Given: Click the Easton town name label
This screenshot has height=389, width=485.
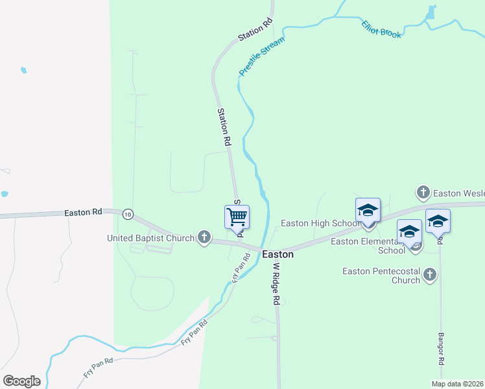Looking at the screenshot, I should [278, 255].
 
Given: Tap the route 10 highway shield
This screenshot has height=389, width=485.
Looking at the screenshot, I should [128, 214].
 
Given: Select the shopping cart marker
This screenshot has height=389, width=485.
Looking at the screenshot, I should [237, 217].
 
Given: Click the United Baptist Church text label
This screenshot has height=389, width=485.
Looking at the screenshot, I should [150, 238].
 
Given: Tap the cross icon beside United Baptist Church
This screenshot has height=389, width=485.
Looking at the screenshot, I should [204, 237].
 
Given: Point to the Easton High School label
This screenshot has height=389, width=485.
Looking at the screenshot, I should [320, 224].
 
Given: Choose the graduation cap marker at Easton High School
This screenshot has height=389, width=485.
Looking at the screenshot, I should [368, 210].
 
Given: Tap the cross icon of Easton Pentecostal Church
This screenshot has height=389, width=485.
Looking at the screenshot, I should [429, 276].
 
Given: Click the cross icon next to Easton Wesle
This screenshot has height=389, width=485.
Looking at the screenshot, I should [423, 193].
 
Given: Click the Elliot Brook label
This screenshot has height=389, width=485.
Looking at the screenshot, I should [381, 29].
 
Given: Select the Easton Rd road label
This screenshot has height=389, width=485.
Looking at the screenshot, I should [83, 212].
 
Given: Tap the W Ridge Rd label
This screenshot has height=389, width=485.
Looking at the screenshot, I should [276, 284].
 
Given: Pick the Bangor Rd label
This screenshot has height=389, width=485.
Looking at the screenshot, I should [441, 348].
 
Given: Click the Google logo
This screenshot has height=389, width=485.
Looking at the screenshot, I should [21, 381].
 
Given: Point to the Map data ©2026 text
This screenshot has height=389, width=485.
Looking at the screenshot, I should [458, 384].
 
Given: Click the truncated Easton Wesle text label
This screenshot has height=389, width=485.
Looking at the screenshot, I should [458, 193].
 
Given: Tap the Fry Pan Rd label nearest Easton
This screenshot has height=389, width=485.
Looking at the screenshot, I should [241, 266].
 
